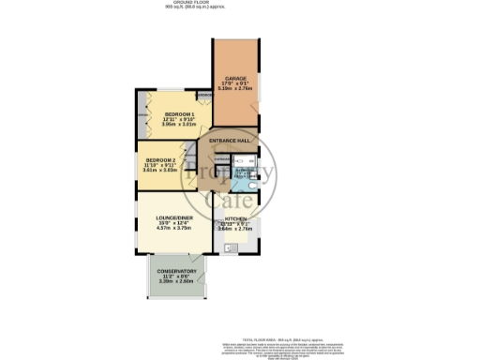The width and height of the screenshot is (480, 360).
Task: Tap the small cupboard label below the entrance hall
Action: (221, 159)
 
